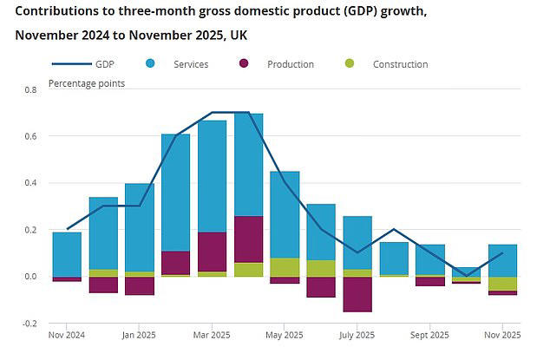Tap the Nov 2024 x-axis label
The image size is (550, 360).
68,335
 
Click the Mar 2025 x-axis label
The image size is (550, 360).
213,335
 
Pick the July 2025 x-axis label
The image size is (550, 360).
357,335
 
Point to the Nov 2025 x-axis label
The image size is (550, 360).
501,335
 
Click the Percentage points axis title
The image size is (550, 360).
86,83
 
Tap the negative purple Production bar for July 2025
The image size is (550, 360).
357,294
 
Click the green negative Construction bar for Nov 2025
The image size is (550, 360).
502,284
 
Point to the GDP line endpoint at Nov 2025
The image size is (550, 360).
502,253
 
